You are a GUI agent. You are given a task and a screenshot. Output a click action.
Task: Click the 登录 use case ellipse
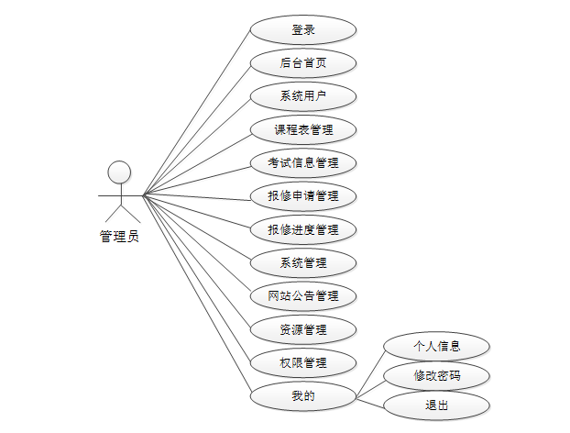click(303, 30)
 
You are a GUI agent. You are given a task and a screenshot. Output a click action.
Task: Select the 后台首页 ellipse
click(303, 63)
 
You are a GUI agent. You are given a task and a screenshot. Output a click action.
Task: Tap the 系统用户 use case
click(303, 96)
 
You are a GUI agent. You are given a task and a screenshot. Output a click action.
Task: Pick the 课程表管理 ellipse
click(303, 129)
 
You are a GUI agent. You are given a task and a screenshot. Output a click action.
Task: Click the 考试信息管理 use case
click(303, 163)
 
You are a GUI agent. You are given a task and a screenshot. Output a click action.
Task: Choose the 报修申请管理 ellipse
click(303, 196)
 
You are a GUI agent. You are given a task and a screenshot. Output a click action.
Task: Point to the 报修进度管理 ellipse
click(303, 229)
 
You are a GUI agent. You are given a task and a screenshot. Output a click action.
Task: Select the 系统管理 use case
click(303, 263)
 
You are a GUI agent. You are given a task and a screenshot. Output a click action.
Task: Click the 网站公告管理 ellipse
click(303, 296)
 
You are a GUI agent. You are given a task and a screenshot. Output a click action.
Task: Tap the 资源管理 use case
click(303, 329)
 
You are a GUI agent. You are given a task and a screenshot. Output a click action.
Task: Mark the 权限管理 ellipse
click(303, 362)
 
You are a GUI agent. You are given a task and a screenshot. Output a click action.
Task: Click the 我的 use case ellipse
click(303, 396)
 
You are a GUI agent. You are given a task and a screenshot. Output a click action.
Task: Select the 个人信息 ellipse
click(436, 347)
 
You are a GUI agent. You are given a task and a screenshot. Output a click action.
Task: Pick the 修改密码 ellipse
click(436, 376)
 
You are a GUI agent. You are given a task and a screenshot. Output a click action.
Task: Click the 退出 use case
click(436, 405)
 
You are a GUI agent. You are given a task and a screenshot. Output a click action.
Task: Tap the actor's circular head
click(119, 172)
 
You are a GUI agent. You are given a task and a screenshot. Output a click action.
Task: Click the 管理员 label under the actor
click(119, 237)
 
